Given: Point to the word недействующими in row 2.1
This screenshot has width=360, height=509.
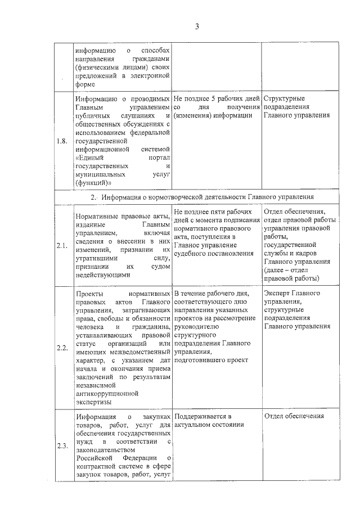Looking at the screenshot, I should pos(102,274).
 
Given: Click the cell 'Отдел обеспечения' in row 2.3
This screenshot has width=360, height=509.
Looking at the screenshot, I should pos(294,416).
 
